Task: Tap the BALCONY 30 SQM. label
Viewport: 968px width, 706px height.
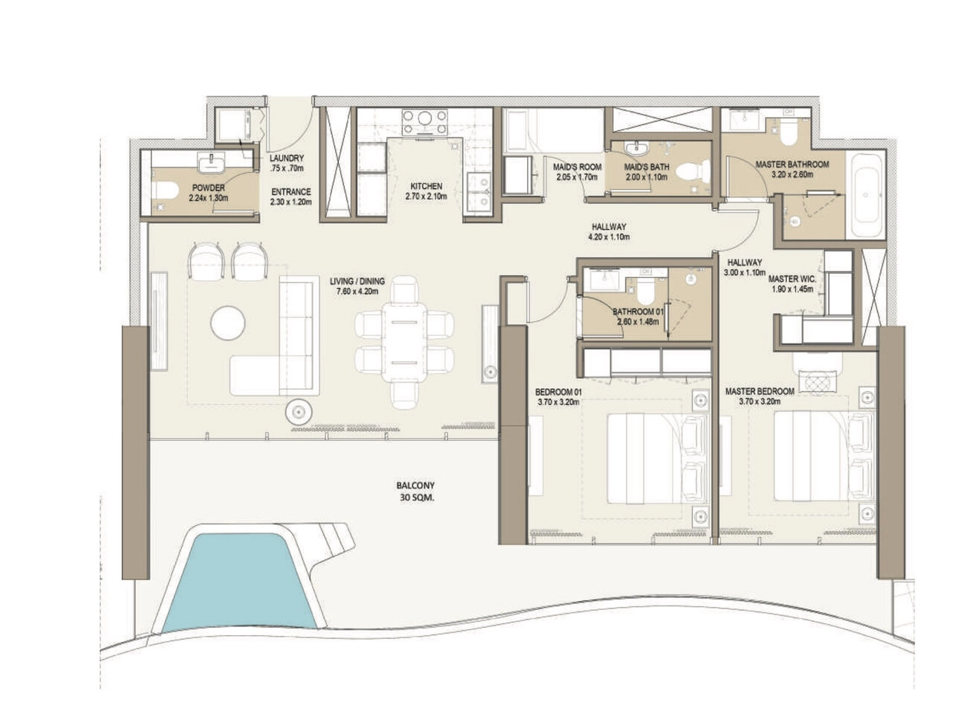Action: tap(415, 492)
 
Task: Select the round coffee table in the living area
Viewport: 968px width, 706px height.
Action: tap(228, 323)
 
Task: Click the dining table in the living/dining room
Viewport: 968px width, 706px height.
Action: tap(404, 343)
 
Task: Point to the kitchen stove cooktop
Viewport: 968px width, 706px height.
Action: tap(424, 122)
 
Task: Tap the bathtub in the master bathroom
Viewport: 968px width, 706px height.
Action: tap(864, 194)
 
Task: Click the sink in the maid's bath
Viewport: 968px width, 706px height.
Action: tap(637, 150)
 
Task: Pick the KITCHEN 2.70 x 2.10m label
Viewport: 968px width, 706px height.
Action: tap(426, 191)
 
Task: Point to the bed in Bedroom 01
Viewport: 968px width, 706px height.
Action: tap(658, 459)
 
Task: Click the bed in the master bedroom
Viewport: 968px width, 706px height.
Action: tap(825, 456)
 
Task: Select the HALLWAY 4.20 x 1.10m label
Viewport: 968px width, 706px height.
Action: tap(609, 232)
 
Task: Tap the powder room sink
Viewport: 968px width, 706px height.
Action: tap(211, 161)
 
